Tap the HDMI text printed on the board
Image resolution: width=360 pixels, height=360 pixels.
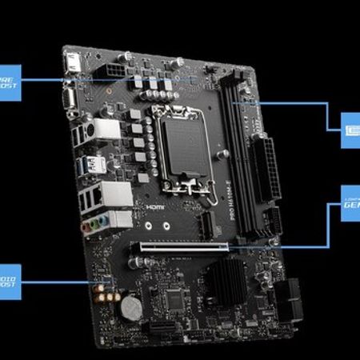coord(155,206)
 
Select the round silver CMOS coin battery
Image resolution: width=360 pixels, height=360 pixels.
coord(129,308)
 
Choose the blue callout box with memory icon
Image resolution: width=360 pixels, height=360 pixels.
coord(350,126)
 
